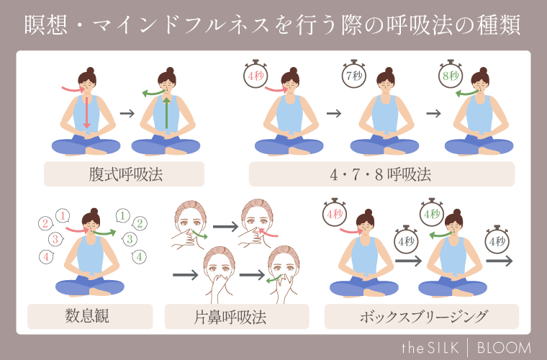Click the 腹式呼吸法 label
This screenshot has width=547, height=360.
click(x=124, y=174)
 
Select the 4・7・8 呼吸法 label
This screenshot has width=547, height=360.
click(x=381, y=174)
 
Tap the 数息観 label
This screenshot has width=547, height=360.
click(x=90, y=316)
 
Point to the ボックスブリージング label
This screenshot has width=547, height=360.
click(x=421, y=316)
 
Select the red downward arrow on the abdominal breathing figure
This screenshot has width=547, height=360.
click(x=86, y=112)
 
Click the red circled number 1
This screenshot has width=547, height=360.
click(x=63, y=215)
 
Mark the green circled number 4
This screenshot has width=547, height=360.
click(x=140, y=256)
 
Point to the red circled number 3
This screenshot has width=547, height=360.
click(x=52, y=239)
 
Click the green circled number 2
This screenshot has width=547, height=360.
click(x=140, y=223)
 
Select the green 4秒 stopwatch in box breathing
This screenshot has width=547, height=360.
click(x=431, y=214)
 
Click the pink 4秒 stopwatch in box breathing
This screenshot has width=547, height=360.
click(x=333, y=214)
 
